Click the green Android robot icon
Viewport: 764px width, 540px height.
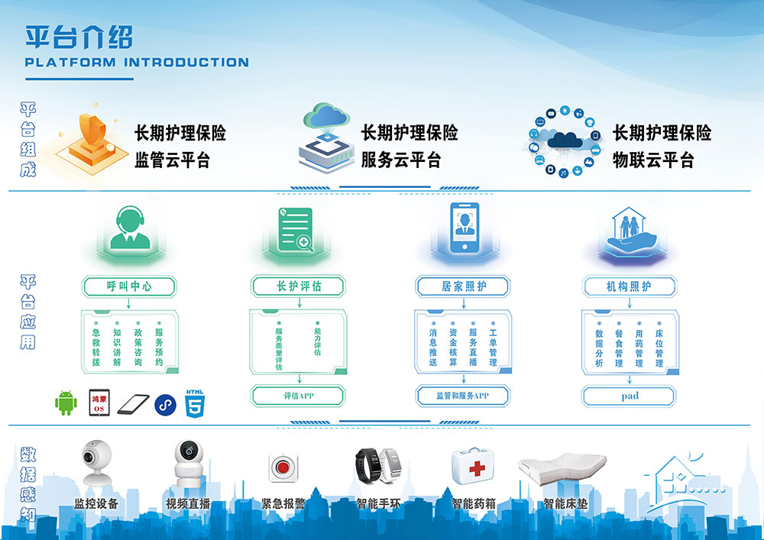point(66,403)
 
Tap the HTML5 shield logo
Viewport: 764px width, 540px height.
point(195,403)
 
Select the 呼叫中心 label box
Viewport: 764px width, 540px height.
point(129,286)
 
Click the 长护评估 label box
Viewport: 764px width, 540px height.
point(298,286)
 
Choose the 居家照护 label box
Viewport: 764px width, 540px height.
point(463,286)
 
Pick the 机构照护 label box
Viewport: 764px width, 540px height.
point(630,286)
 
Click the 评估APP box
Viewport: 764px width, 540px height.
point(298,396)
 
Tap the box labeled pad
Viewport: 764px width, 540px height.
point(629,396)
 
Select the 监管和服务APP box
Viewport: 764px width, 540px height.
point(463,396)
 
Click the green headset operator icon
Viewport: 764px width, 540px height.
point(130,228)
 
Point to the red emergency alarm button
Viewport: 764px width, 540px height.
point(283,468)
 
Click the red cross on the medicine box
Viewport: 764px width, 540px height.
point(477,468)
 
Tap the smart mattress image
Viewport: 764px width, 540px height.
point(563,468)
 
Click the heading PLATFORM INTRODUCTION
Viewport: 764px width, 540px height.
point(137,63)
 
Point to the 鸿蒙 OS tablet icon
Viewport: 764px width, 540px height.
point(99,403)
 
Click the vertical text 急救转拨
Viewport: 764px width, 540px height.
point(96,348)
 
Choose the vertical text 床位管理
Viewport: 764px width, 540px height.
point(659,348)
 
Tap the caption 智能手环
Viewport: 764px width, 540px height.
point(379,503)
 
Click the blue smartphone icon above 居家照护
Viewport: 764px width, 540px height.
point(465,228)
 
